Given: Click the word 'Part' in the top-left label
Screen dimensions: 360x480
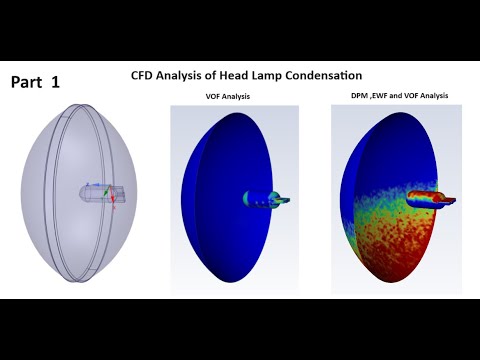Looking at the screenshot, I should tap(28, 83).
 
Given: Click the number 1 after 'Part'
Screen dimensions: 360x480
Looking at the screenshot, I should tap(55, 83).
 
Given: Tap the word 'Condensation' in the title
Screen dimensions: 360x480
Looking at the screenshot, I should tap(327, 76).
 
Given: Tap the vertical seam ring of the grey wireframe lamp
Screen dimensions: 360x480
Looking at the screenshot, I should tap(66, 190).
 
